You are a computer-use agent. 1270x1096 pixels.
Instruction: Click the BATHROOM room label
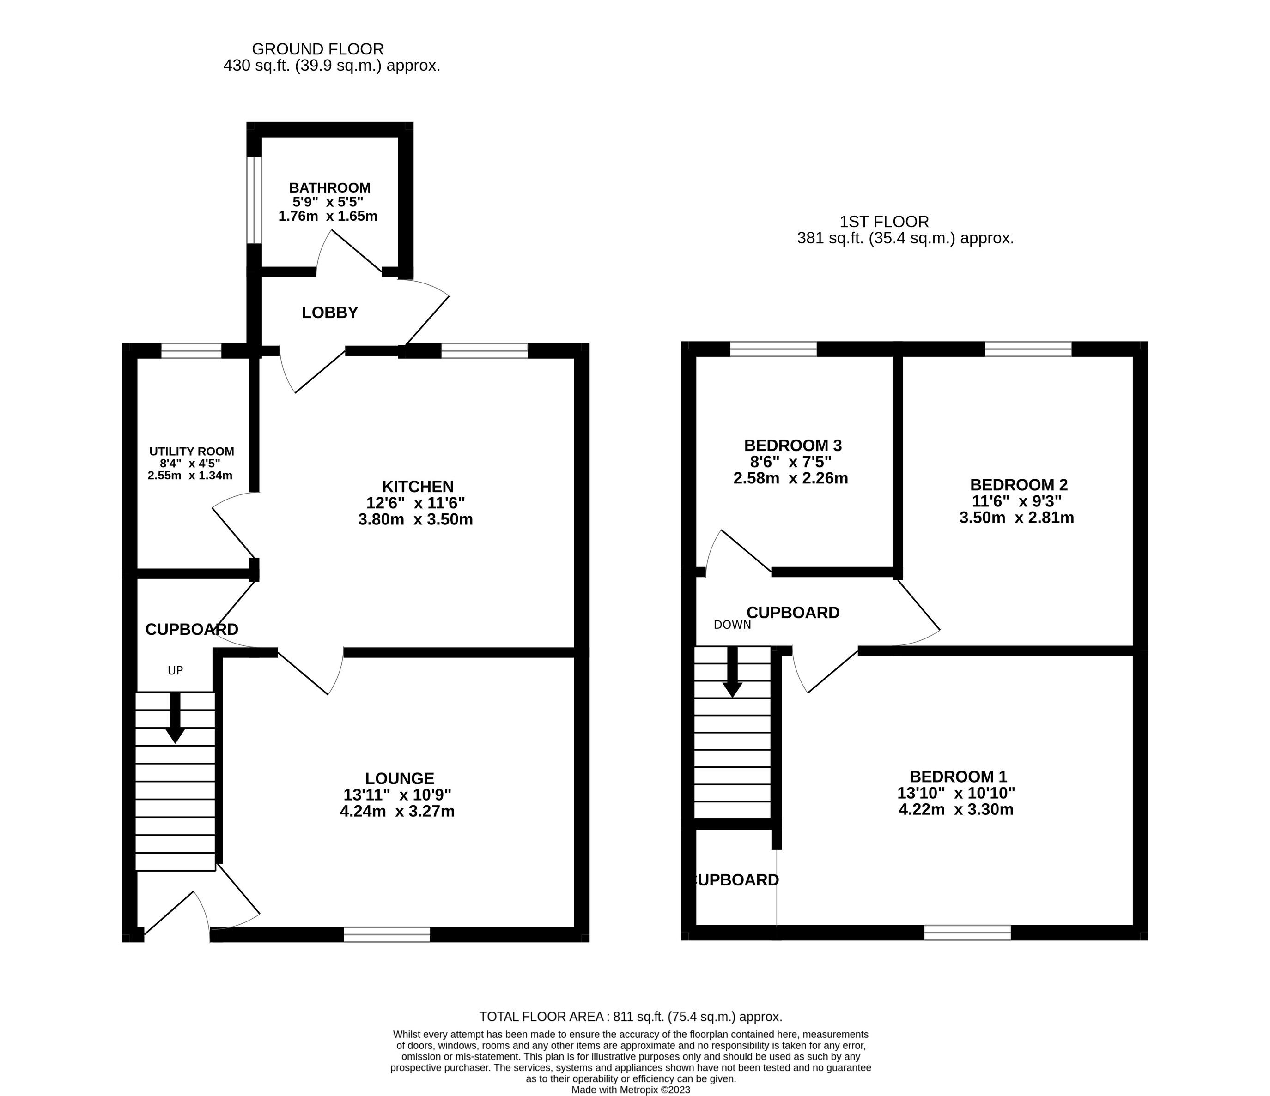coord(330,187)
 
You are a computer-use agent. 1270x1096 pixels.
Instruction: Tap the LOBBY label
coord(330,313)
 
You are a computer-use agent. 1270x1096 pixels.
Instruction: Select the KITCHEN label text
coord(418,487)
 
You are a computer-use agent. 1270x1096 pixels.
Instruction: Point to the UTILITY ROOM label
coord(191,452)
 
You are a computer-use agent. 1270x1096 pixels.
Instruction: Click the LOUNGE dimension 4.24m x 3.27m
coord(397,812)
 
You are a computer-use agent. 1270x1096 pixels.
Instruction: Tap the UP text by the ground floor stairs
coord(175,671)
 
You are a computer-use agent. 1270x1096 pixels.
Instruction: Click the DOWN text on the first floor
coord(732,625)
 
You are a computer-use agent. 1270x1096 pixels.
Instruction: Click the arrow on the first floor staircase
coord(732,673)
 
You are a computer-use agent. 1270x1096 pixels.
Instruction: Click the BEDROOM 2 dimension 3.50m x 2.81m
coord(1016,518)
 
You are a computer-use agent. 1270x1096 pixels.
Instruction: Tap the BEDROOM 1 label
coord(957,777)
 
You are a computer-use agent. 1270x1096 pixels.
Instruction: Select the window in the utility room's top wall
coord(191,350)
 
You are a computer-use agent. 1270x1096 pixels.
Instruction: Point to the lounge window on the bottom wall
coord(387,934)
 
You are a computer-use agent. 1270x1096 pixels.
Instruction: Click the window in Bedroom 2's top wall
coord(1028,349)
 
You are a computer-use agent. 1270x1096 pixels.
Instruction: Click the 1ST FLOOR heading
coord(884,222)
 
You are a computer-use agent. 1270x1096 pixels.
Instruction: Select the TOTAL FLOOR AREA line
coord(631,1017)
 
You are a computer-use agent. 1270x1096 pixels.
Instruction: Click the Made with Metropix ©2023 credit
coord(631,1090)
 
